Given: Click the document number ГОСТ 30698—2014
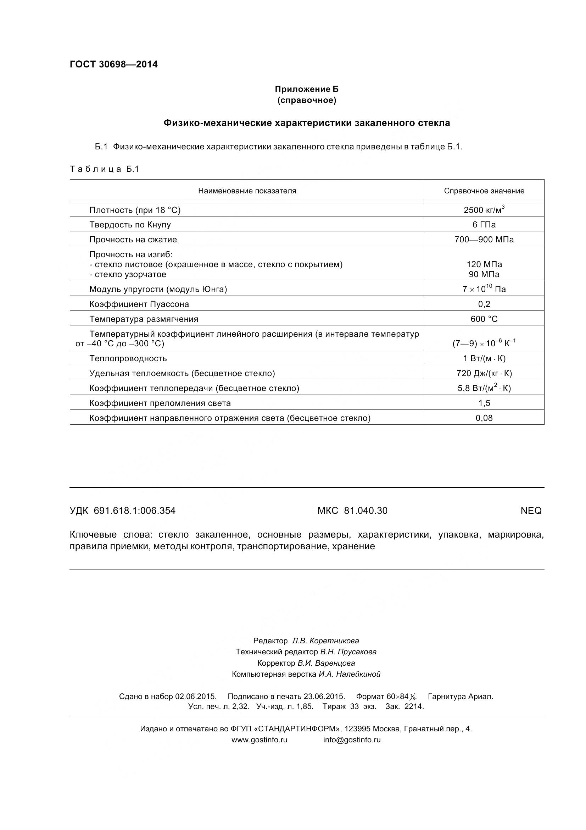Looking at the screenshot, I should click(x=113, y=64).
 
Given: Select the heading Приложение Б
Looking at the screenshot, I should click(x=307, y=89).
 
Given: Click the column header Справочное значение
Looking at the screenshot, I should click(x=484, y=191).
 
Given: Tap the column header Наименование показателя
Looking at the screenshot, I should click(x=247, y=191).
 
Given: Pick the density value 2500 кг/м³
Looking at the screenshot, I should click(x=484, y=210).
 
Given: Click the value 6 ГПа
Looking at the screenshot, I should click(x=484, y=225).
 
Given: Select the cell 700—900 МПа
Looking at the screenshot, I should click(x=484, y=239).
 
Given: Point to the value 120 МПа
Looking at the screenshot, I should click(x=484, y=264).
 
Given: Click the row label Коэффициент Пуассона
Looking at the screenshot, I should click(x=139, y=304).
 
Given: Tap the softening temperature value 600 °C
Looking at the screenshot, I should click(x=484, y=319).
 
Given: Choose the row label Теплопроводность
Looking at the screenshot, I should click(x=128, y=358).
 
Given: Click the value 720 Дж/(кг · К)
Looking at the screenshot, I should click(x=484, y=373).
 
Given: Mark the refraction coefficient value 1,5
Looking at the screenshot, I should click(x=484, y=403).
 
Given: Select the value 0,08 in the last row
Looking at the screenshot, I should click(x=484, y=418).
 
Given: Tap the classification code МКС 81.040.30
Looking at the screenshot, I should click(x=352, y=510).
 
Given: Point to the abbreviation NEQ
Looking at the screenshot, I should click(x=531, y=510).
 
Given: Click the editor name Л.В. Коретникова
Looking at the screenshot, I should click(x=325, y=641).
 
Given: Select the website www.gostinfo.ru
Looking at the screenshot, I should click(x=259, y=740).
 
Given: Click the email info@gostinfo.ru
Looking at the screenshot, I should click(x=352, y=740).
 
